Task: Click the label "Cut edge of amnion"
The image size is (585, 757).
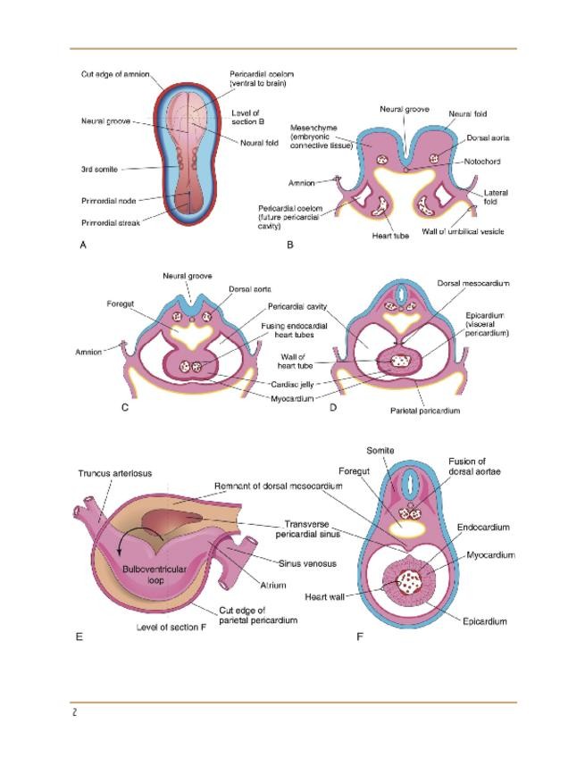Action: (109, 74)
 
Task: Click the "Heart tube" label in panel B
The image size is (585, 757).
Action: (390, 236)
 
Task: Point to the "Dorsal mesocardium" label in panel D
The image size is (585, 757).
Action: (472, 283)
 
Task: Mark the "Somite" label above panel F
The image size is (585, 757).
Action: (380, 450)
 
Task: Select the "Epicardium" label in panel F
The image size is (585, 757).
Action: (486, 620)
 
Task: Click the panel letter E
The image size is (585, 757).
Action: (80, 636)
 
